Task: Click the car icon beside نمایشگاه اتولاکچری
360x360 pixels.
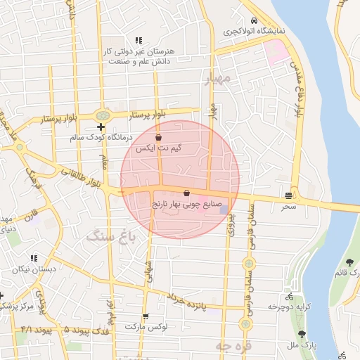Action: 252,22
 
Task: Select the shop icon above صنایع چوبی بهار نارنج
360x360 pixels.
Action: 186,193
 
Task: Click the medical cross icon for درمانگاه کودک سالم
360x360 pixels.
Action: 102,127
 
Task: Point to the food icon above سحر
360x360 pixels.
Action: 289,196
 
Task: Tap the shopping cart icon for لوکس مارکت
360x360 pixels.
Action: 146,316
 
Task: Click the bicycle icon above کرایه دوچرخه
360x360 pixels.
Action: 289,297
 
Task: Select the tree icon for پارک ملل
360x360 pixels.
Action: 302,335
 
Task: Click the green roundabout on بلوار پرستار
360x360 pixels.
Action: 103,115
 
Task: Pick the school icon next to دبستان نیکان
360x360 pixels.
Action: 34,258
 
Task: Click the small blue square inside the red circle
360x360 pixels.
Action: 224,209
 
